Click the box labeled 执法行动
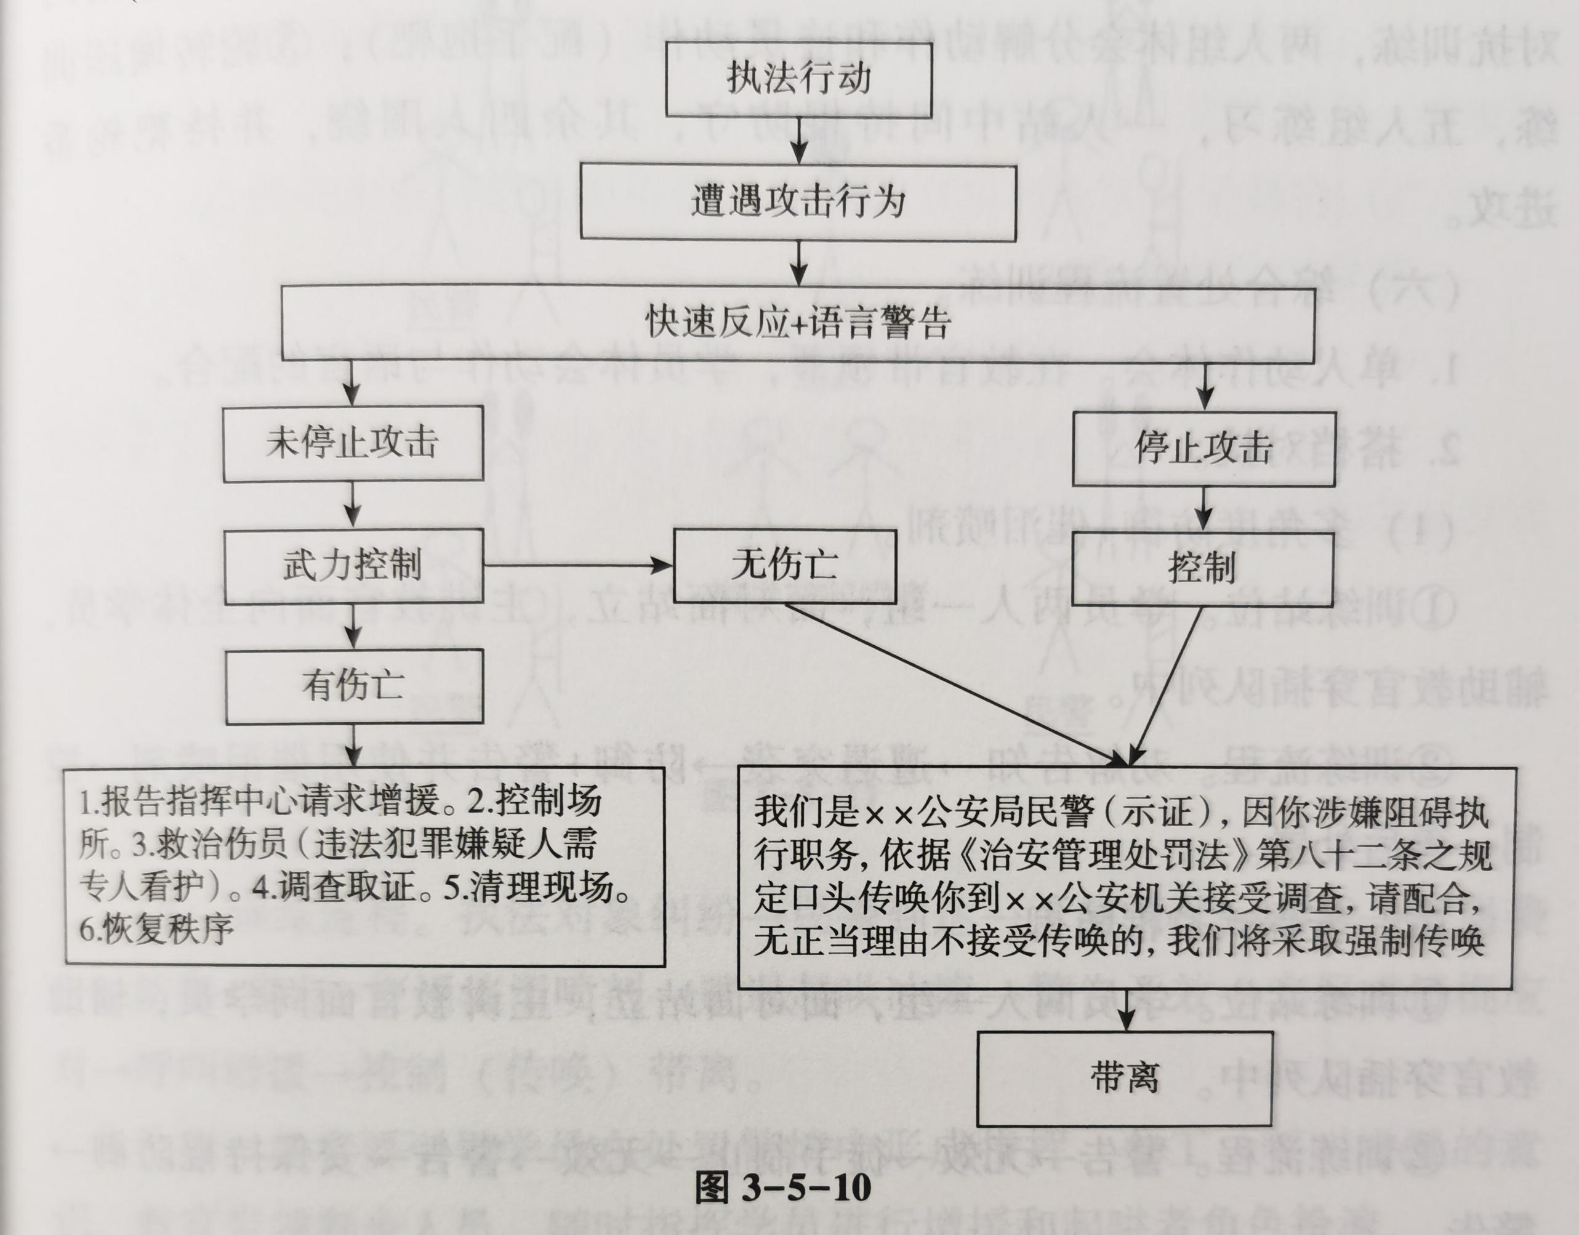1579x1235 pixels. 798,79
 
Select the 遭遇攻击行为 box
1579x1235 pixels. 798,202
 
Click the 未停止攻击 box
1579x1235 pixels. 352,443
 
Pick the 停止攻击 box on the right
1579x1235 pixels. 1203,448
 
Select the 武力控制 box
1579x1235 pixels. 352,565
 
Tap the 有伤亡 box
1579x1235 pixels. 353,685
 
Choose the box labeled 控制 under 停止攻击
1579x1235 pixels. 1202,568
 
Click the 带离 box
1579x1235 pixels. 1124,1078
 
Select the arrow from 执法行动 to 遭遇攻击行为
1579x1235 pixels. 798,140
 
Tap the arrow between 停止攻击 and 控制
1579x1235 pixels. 1203,509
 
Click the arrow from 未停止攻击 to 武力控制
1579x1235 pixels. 353,504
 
